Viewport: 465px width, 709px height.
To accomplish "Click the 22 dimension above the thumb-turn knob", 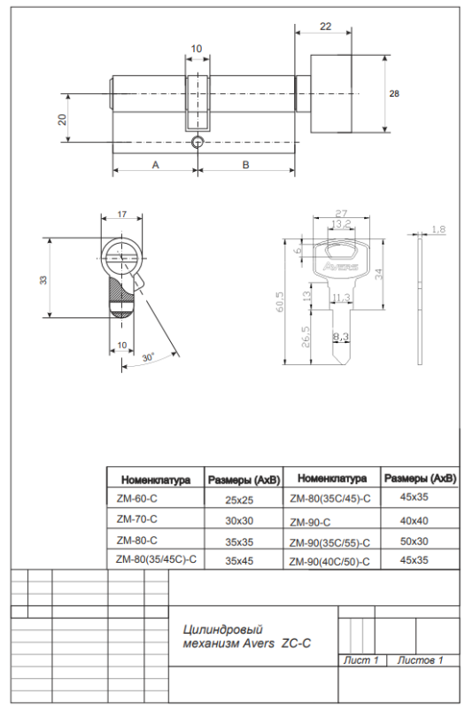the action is pos(325,27).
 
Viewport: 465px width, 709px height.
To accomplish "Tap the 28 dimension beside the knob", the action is pos(394,94).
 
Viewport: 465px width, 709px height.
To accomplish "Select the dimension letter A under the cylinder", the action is pos(156,165).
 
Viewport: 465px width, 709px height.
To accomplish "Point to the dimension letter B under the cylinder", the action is pos(246,165).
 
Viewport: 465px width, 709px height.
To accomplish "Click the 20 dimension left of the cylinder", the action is pos(62,119).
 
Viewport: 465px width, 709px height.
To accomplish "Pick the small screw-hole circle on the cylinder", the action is pos(198,142).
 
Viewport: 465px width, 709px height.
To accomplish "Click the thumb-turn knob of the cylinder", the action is pos(330,94).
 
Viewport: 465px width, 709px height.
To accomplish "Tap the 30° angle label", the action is pos(148,357).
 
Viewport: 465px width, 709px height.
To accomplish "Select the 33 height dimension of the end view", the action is pos(43,280).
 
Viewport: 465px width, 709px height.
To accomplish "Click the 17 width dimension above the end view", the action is pos(122,214).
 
